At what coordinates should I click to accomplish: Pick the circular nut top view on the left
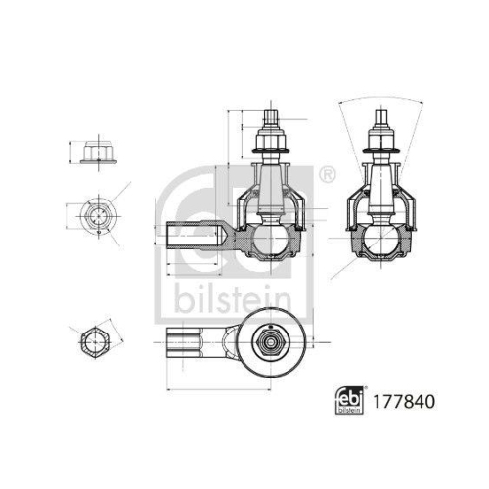pos(97,214)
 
